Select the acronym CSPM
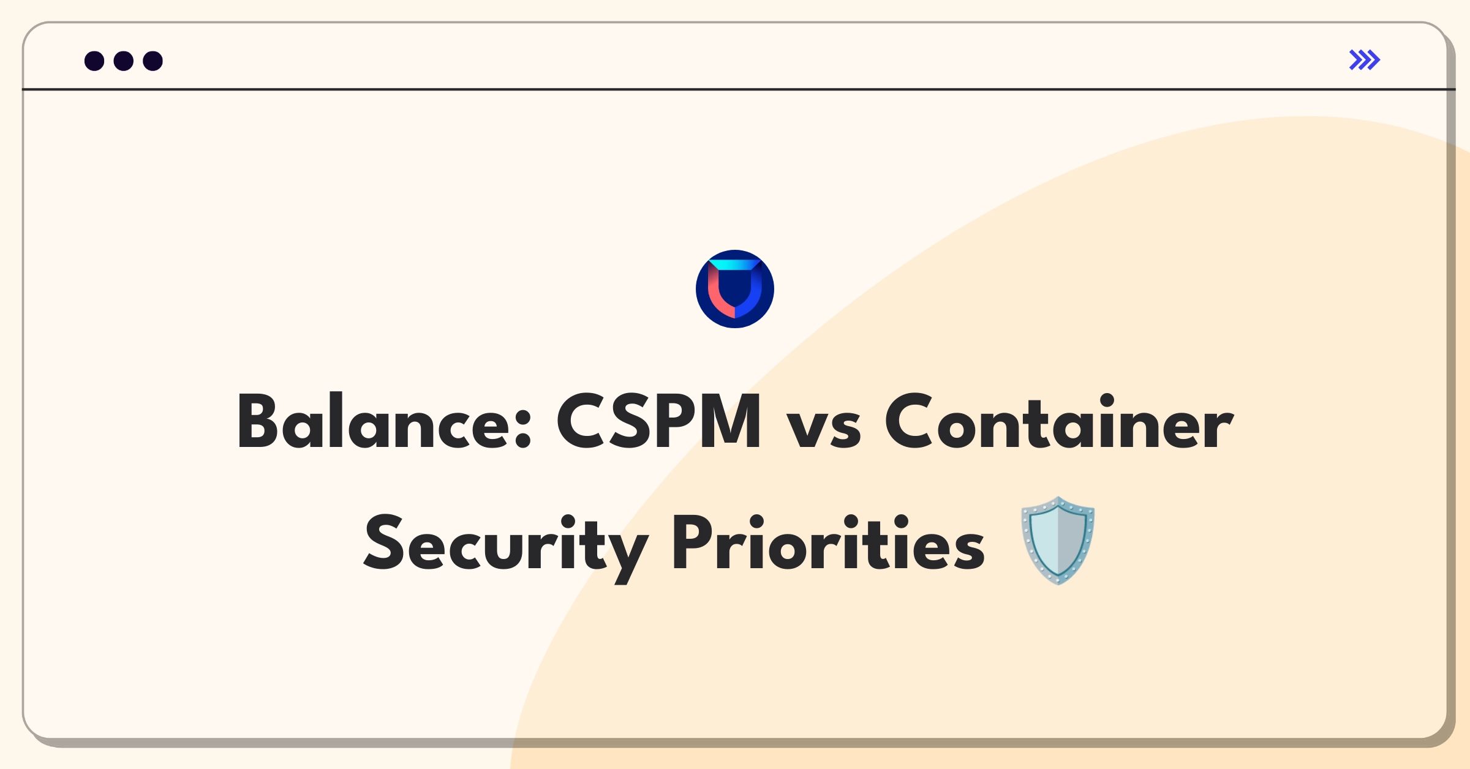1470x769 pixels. point(658,422)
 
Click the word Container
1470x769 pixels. point(1059,422)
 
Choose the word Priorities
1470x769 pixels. point(829,542)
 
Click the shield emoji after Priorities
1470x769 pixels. point(1058,541)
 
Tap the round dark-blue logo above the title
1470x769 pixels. point(735,289)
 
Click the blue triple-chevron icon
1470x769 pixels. point(1365,60)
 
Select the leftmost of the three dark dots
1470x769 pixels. point(94,61)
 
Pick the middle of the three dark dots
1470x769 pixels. point(124,61)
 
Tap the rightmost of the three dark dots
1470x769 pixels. point(153,61)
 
